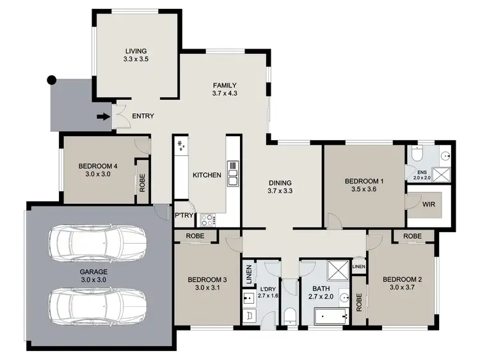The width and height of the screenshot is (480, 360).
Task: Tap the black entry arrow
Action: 102,116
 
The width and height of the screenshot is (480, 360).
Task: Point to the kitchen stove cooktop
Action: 209,219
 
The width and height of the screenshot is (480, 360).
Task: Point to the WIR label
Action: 429,205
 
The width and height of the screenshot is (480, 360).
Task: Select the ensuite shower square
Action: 440,173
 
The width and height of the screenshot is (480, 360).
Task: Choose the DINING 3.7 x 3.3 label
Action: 281,186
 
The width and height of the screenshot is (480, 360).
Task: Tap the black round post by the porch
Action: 52,81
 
